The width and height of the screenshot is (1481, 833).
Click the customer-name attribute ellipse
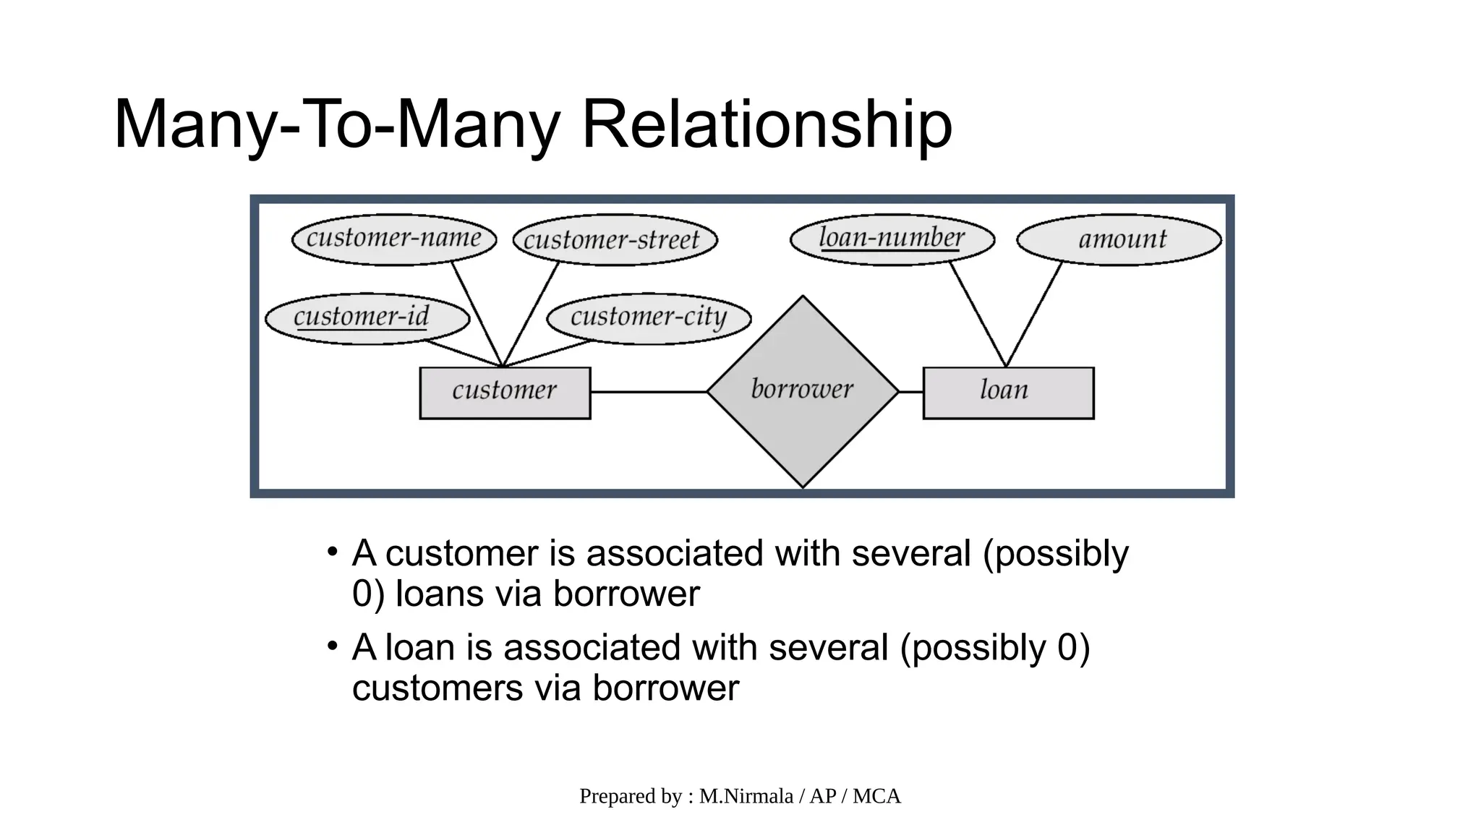click(x=394, y=239)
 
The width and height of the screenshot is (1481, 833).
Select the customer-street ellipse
click(x=615, y=240)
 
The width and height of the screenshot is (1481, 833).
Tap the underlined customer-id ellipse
click(x=367, y=318)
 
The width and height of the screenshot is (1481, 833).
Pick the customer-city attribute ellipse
click(x=649, y=318)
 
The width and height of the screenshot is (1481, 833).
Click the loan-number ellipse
click(x=892, y=239)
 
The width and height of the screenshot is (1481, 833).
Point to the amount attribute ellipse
click(x=1119, y=239)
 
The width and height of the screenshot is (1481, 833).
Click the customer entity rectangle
click(x=505, y=393)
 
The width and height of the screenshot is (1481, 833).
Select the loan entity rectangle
click(x=1008, y=393)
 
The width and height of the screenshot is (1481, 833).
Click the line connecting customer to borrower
click(x=648, y=392)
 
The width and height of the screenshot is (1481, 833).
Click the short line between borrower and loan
click(x=911, y=392)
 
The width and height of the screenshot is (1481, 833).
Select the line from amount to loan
click(x=1034, y=314)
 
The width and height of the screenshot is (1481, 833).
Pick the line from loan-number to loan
click(x=978, y=314)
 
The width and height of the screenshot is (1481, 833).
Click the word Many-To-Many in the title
click(x=336, y=124)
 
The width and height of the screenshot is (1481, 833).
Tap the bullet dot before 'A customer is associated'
click(x=332, y=552)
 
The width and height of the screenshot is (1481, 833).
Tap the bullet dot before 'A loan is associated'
click(x=332, y=646)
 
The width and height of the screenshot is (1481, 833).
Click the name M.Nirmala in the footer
click(x=746, y=796)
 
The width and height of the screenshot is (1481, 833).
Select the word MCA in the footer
click(x=876, y=796)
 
